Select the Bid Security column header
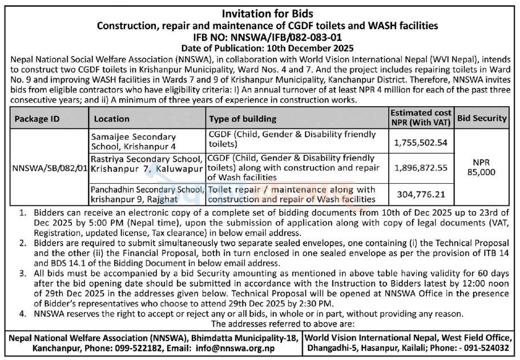pyautogui.click(x=482, y=118)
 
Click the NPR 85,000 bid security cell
pyautogui.click(x=483, y=168)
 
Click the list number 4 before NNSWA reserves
pyautogui.click(x=22, y=313)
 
